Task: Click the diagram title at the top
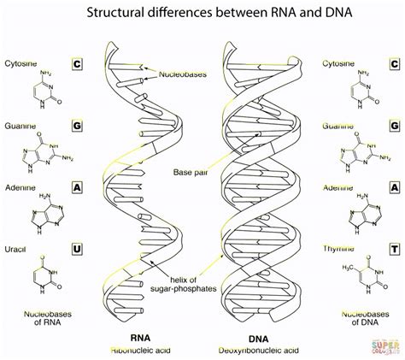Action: pyautogui.click(x=202, y=11)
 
